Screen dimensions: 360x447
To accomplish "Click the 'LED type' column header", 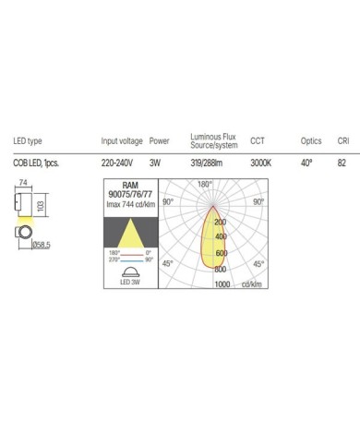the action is click(28, 141).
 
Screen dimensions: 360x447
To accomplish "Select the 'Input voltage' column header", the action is click(122, 141).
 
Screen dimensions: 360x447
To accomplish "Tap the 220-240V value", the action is click(117, 163).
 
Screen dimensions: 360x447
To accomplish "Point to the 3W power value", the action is click(155, 163).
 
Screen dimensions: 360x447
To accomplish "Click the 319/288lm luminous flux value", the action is click(206, 163).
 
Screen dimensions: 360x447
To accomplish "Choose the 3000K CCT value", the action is click(261, 163).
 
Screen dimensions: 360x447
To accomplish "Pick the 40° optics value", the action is click(306, 163).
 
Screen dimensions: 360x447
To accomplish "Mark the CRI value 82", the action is click(342, 163).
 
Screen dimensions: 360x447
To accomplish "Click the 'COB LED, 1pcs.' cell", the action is click(36, 163).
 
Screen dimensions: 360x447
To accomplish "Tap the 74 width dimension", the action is click(23, 182).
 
